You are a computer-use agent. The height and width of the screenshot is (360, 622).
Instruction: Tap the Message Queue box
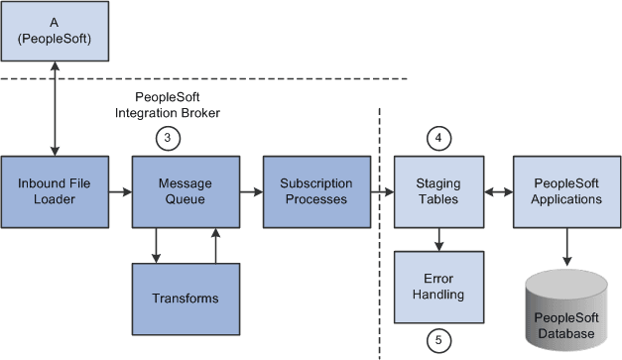coord(177,190)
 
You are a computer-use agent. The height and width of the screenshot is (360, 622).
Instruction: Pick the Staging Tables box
coord(437,190)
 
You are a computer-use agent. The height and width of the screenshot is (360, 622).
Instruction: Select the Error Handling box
coord(437,286)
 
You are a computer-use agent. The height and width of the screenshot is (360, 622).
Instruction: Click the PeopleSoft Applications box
coord(567,190)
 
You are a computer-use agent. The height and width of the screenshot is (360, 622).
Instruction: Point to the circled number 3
coord(170,139)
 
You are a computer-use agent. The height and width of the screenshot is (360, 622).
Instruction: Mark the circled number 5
coord(437,340)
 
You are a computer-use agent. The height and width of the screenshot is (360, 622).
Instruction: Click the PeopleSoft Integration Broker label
coord(178,107)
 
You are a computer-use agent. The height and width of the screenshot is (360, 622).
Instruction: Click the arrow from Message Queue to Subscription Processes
coord(241,190)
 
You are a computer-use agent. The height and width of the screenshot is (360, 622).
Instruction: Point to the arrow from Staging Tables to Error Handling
coord(437,238)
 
